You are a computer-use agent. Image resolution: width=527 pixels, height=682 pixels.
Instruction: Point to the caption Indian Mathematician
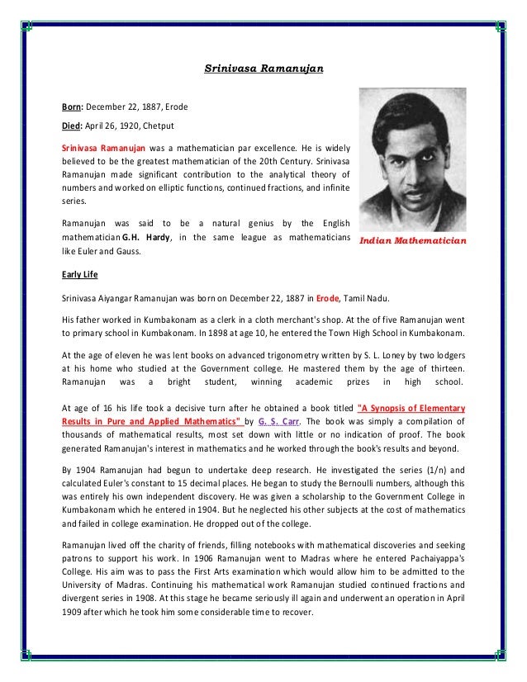[411, 241]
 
